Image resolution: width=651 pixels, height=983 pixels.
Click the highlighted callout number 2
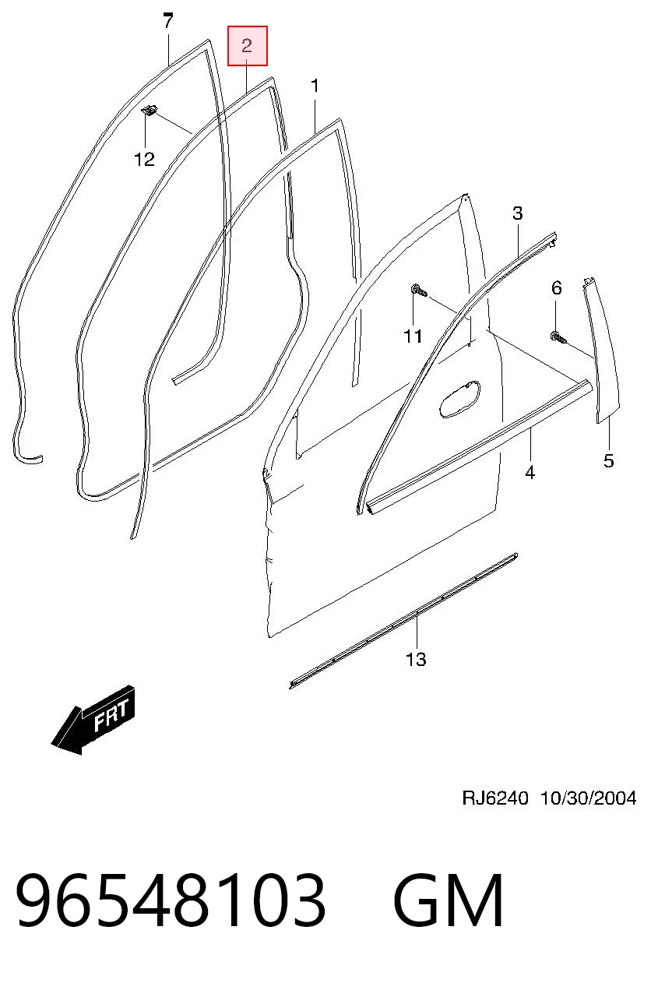(247, 46)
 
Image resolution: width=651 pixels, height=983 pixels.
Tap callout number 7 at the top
(168, 20)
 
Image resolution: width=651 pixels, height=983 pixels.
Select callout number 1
(315, 86)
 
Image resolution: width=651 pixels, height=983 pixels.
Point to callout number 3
(518, 213)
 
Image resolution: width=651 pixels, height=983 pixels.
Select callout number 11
(413, 336)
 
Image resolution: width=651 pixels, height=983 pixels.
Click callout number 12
(145, 160)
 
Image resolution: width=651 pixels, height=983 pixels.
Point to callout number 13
(416, 659)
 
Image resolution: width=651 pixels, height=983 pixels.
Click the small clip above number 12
(150, 111)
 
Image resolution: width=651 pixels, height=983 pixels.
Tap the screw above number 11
(419, 290)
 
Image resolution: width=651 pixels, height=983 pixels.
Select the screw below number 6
(558, 337)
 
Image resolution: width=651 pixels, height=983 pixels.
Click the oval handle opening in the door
(459, 399)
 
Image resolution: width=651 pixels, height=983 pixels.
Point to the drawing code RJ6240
(495, 798)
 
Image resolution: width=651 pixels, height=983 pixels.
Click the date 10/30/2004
(588, 798)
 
